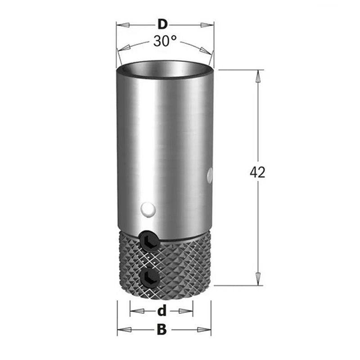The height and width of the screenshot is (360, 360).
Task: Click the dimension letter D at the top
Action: (x=162, y=24)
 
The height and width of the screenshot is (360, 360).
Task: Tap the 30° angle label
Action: (x=165, y=41)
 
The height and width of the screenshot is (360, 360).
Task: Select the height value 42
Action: (x=257, y=172)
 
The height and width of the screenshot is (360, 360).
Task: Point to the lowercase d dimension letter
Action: (x=162, y=311)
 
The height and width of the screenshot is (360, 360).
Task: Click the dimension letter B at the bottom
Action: (x=162, y=329)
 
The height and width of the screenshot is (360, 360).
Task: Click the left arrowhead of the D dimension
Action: (x=123, y=25)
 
